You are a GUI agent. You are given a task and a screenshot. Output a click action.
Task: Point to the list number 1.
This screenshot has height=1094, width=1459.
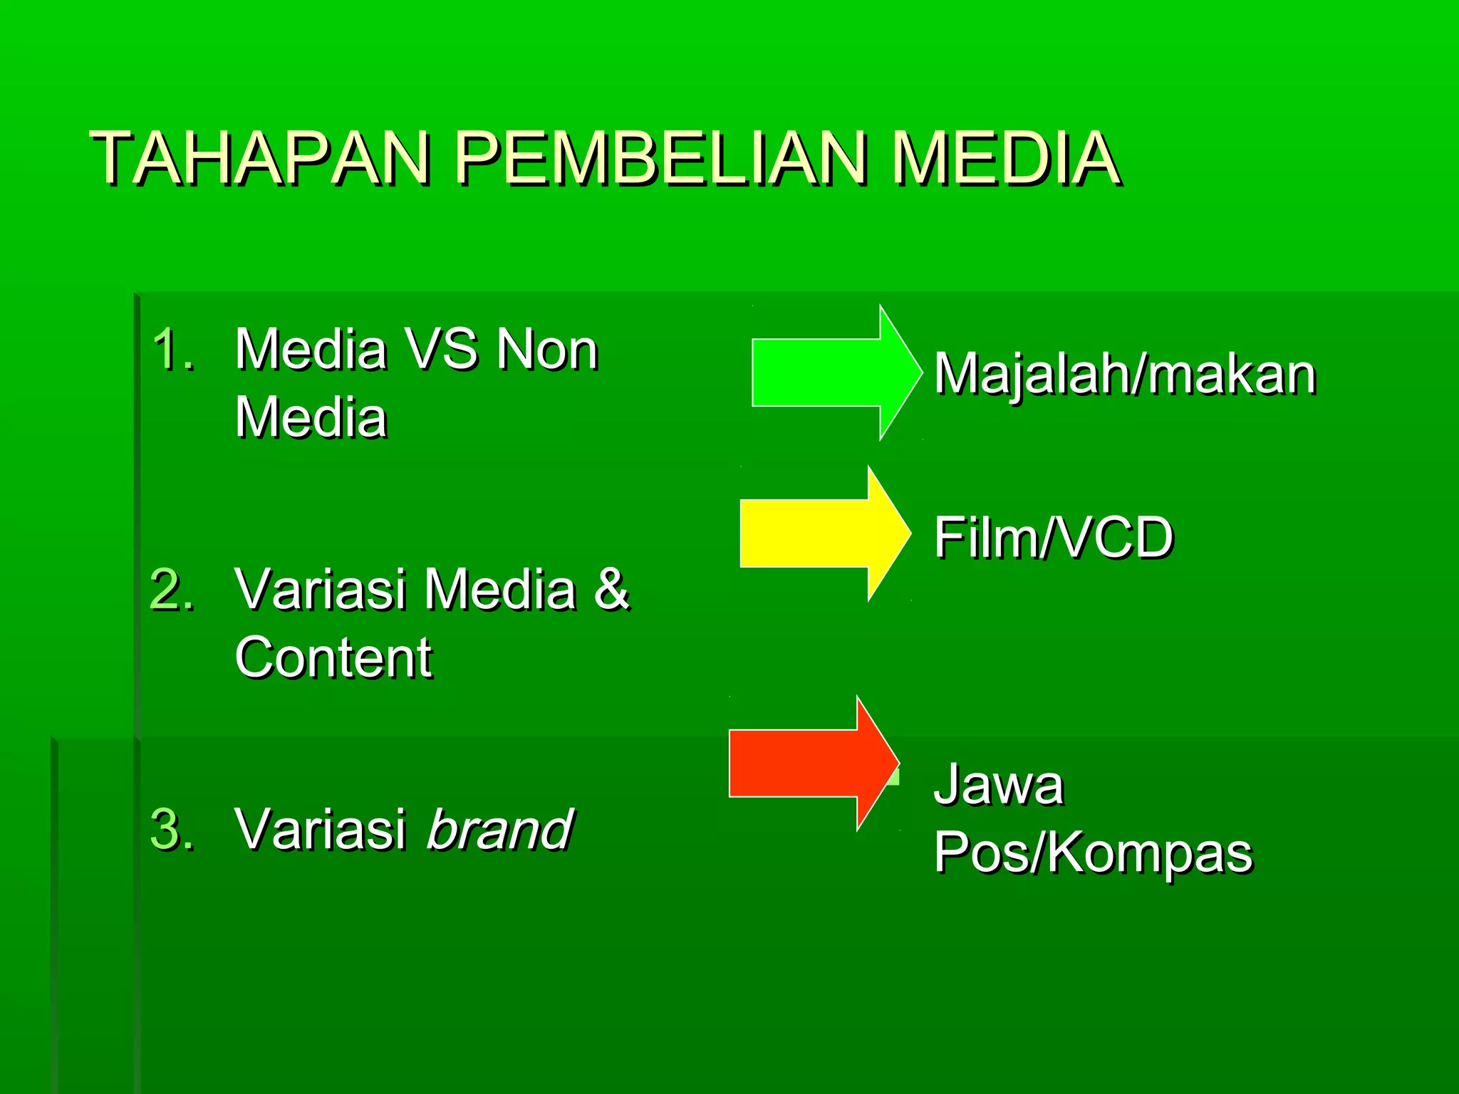tap(172, 350)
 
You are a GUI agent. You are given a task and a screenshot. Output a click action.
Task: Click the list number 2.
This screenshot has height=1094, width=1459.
tap(172, 590)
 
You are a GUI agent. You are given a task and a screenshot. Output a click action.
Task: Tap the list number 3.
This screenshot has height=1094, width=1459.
tap(172, 830)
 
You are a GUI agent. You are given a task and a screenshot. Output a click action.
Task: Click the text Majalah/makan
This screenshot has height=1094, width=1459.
tap(1124, 375)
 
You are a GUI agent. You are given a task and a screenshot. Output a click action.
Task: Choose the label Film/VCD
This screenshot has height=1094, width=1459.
tap(1053, 538)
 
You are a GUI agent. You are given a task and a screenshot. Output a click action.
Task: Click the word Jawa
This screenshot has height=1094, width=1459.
tap(998, 785)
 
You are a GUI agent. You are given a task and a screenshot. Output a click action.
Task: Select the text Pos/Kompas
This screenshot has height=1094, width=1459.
tap(1093, 852)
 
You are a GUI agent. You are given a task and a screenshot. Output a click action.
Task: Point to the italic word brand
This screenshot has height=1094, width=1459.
tap(499, 830)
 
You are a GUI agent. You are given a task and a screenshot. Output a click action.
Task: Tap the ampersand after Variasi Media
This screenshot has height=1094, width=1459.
tap(611, 590)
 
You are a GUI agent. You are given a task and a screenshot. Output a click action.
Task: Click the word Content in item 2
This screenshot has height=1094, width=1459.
tap(333, 657)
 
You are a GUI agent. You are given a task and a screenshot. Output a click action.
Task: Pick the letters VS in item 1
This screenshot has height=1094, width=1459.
tap(441, 350)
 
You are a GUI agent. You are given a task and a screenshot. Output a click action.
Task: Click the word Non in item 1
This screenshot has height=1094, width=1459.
tap(547, 350)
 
